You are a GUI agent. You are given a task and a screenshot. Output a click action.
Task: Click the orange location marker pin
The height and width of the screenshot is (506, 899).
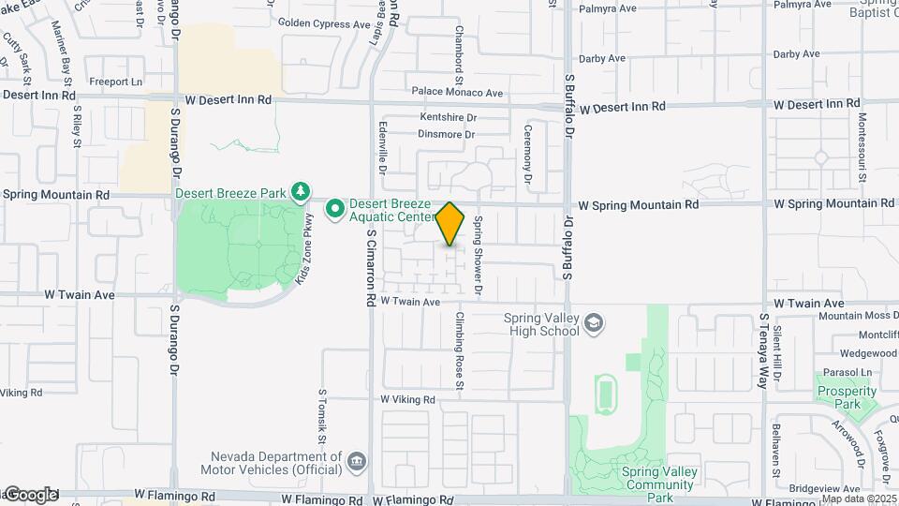[450, 223]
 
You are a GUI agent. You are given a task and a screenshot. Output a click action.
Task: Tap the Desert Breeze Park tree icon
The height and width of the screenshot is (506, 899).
[301, 193]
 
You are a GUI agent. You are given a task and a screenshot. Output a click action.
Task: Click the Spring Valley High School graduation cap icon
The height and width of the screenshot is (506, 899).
[593, 323]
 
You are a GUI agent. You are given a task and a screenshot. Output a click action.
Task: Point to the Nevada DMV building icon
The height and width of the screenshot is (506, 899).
[357, 461]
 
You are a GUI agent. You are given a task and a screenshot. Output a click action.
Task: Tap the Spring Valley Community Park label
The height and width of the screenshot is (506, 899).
[660, 479]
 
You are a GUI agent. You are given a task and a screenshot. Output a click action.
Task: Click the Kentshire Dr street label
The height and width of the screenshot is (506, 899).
[448, 118]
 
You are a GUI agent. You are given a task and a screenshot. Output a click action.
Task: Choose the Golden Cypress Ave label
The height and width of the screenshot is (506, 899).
[323, 21]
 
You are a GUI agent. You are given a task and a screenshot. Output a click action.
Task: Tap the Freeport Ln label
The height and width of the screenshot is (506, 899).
[115, 82]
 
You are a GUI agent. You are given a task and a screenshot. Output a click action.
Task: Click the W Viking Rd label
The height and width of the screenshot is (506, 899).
[408, 399]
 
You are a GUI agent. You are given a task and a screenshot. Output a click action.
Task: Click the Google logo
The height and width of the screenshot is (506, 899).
[30, 495]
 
